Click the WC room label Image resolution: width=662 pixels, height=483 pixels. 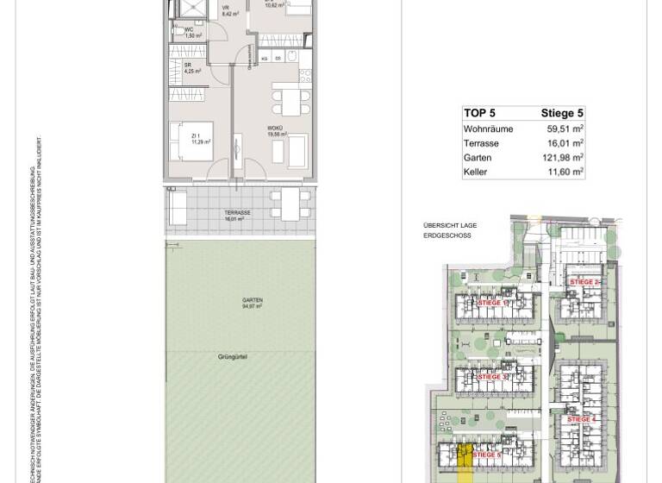point(190,32)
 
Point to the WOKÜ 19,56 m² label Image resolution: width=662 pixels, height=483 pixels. point(276,131)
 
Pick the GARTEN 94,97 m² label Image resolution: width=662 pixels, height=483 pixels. point(252,303)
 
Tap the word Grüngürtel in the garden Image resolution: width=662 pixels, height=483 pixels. point(233,356)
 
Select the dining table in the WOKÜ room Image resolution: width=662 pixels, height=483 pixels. point(286,98)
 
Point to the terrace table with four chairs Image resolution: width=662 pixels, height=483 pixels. point(290,204)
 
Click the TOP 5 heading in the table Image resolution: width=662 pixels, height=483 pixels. point(479,113)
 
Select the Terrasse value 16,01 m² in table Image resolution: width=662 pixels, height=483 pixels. point(565,143)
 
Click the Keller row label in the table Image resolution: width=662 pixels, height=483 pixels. point(475,172)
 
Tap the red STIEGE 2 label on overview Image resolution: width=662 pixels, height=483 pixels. point(584,282)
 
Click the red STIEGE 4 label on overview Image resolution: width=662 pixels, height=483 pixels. point(582,419)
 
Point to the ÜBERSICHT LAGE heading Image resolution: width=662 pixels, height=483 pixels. point(449,225)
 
